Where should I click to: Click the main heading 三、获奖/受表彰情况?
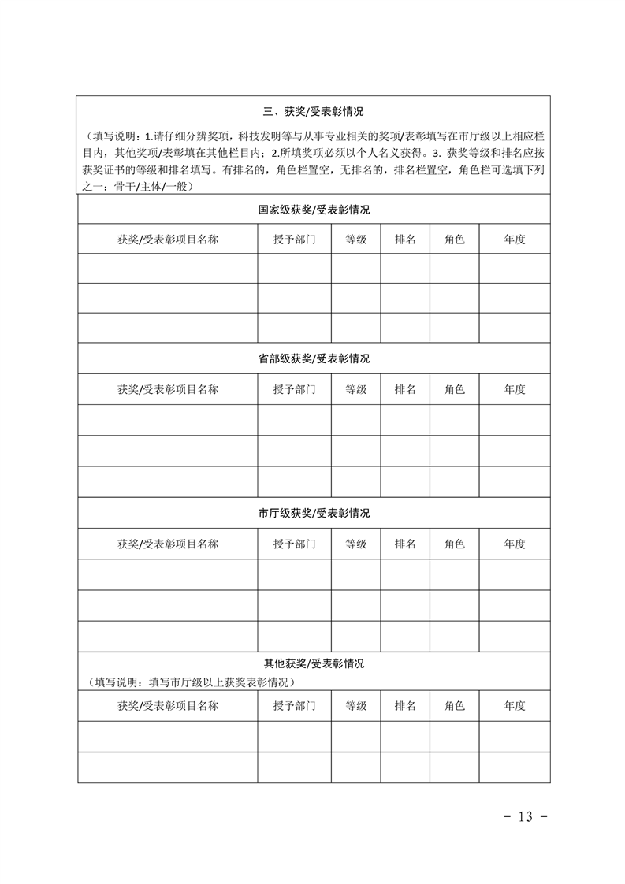(x=314, y=112)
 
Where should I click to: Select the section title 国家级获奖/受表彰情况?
(x=314, y=210)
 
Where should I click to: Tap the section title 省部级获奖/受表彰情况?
(x=314, y=358)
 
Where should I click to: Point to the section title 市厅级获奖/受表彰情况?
(x=314, y=513)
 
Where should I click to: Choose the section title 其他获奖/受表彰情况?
(x=314, y=663)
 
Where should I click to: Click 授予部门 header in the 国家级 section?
(x=294, y=240)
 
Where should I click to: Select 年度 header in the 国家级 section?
(x=515, y=240)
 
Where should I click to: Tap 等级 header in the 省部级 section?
(x=356, y=389)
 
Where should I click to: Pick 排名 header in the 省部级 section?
(x=405, y=389)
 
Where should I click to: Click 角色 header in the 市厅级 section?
(x=455, y=544)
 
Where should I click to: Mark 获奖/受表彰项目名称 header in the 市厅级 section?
(x=168, y=544)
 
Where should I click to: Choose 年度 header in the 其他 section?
(x=515, y=705)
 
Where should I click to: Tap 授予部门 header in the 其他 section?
(x=294, y=705)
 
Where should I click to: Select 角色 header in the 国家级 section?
(x=455, y=240)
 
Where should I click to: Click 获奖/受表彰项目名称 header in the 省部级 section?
(x=168, y=389)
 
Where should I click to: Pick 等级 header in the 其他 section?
(x=356, y=705)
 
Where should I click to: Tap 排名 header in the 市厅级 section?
(x=405, y=544)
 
